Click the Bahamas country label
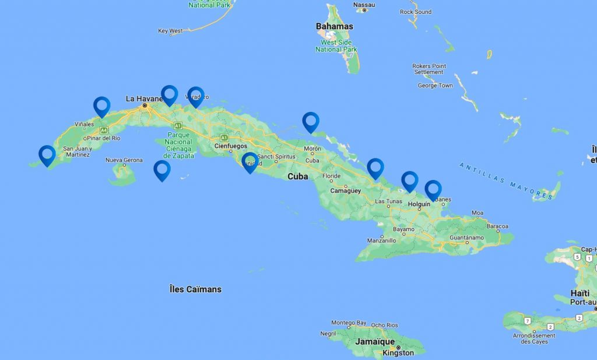pos(334,26)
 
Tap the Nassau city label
pos(364,5)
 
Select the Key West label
pos(170,31)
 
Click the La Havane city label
pos(143,99)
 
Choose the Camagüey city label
pos(346,190)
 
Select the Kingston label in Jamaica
pos(398,352)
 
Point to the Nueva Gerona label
pos(124,160)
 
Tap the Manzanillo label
pos(382,241)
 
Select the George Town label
pos(435,86)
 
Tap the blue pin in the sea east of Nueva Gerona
pos(161,170)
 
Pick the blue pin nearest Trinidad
pos(250,162)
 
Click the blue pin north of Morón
pos(311,121)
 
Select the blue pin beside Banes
pos(433,189)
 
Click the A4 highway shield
pos(104,130)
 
